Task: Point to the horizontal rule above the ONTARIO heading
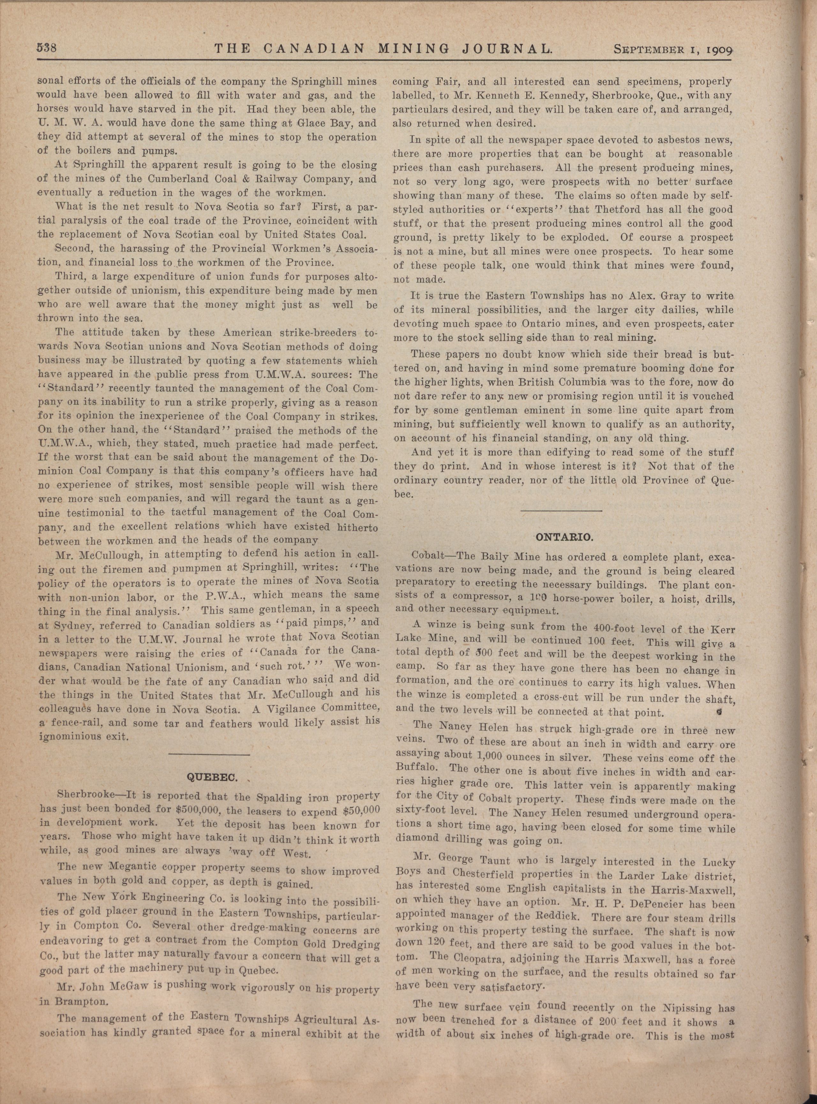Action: pyautogui.click(x=561, y=510)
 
